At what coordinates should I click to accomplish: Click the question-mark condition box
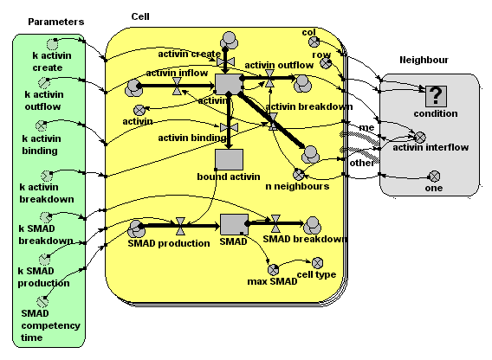436,96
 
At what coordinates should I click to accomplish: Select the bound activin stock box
229,159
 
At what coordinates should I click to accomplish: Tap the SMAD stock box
234,224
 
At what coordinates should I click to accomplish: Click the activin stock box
229,84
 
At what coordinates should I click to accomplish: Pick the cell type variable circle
317,263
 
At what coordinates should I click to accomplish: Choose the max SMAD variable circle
274,270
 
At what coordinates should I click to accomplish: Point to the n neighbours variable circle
299,174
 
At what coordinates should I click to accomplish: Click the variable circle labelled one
434,177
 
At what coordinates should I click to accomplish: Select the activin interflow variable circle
420,138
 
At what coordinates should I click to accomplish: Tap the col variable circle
314,42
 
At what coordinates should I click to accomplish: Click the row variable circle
326,63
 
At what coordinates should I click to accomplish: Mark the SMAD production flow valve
180,226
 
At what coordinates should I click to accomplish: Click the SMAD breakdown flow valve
275,223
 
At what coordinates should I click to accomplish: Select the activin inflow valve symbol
177,86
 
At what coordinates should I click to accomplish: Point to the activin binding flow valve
229,127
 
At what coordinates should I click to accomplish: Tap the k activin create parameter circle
52,44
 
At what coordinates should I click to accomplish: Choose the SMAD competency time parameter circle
42,302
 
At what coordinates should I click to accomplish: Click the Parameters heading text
56,22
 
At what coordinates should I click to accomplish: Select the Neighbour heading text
424,60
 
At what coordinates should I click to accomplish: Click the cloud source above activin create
229,41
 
